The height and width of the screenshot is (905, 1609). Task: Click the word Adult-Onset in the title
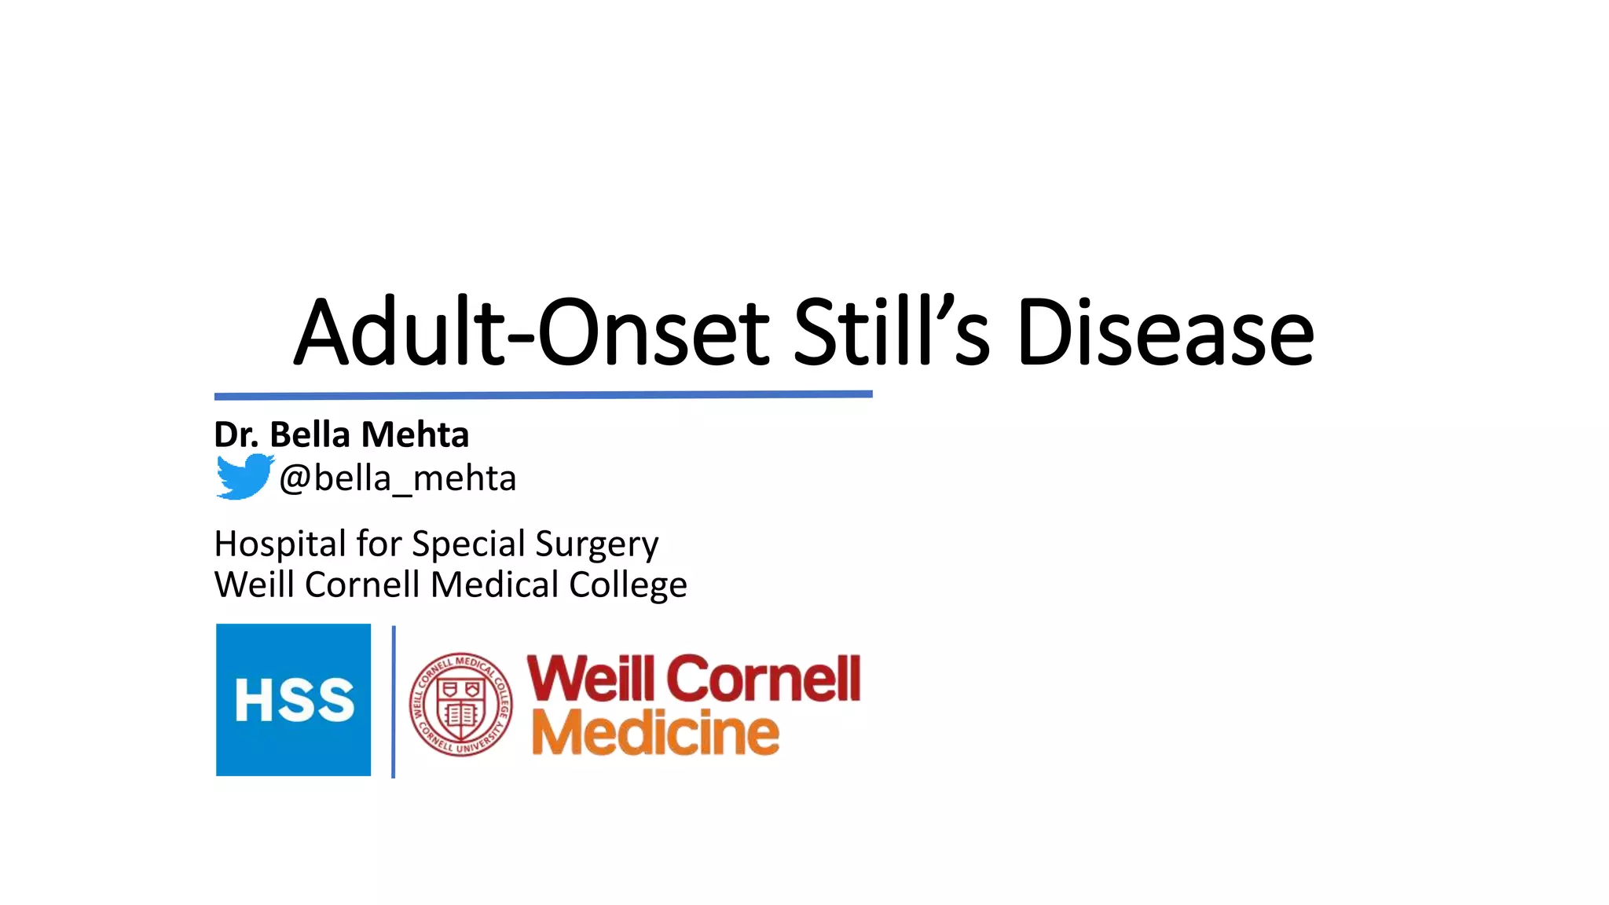point(531,332)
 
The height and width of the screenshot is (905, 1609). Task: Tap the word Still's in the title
point(891,332)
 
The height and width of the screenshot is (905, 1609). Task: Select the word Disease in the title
point(1164,332)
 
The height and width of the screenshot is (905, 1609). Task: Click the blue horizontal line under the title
point(543,394)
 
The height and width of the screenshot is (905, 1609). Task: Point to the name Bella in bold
point(310,434)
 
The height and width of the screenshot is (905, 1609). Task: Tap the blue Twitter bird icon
point(244,476)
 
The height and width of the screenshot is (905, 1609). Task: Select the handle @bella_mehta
point(398,478)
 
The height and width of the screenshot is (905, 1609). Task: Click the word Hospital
point(280,544)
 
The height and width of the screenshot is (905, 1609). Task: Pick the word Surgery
point(596,544)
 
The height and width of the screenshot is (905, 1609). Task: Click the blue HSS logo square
point(293,699)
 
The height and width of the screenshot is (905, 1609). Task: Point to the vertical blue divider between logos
point(393,701)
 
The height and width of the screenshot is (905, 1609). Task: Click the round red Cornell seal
point(461,704)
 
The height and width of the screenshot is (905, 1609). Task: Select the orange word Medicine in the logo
point(655,732)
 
